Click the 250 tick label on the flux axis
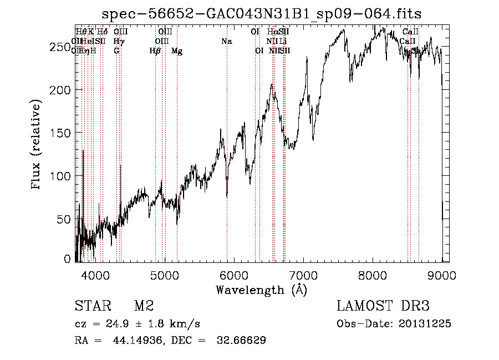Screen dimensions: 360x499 pyautogui.click(x=62, y=48)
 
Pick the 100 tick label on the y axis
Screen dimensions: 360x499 pyautogui.click(x=62, y=176)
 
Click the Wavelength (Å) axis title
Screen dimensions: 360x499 pyautogui.click(x=261, y=290)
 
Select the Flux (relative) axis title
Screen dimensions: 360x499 pyautogui.click(x=37, y=146)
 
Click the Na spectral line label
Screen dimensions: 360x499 pyautogui.click(x=226, y=42)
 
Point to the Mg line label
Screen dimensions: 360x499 pyautogui.click(x=177, y=51)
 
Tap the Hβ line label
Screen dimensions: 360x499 pyautogui.click(x=155, y=51)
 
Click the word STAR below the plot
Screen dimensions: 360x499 pyautogui.click(x=92, y=306)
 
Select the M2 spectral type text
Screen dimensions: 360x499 pyautogui.click(x=144, y=306)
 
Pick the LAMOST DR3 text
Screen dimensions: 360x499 pyautogui.click(x=383, y=306)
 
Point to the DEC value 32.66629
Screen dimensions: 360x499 pyautogui.click(x=242, y=341)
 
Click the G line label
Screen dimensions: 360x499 pyautogui.click(x=116, y=51)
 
